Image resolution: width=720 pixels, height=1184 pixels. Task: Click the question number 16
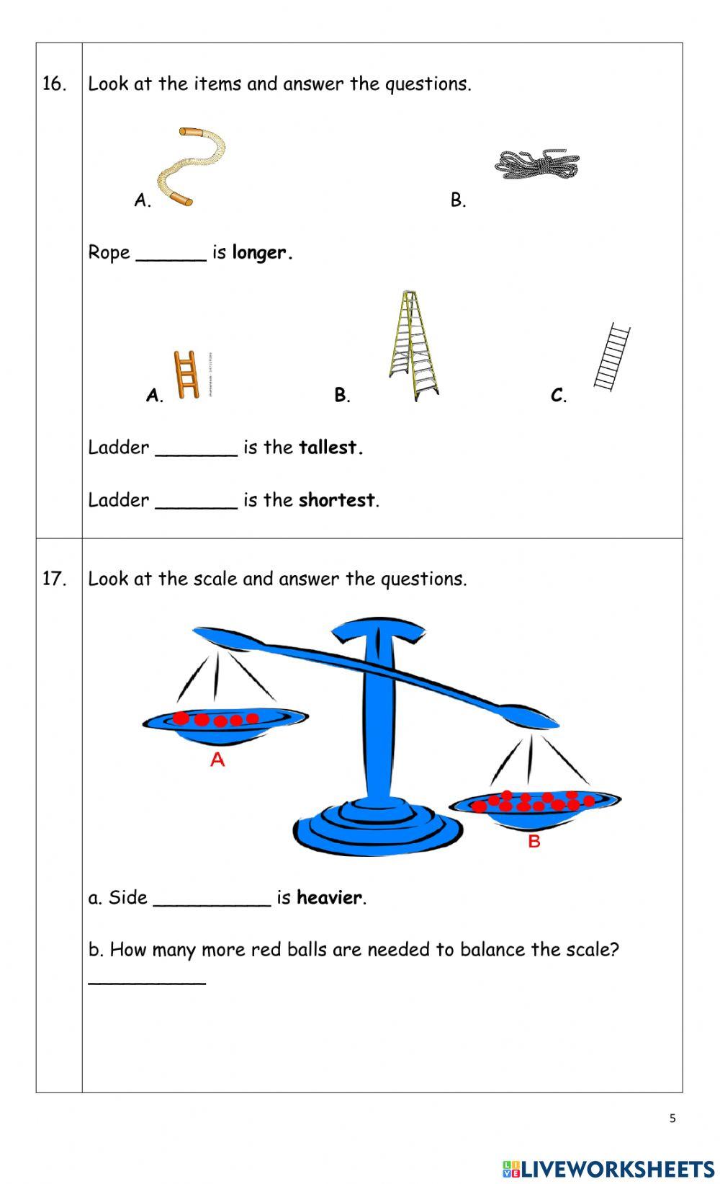click(x=54, y=84)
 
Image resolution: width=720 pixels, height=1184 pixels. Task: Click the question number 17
click(x=54, y=579)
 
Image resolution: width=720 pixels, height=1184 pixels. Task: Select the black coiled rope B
click(x=537, y=165)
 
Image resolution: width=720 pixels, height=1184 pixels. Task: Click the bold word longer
click(x=261, y=253)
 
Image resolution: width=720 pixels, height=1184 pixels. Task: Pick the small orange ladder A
click(x=186, y=375)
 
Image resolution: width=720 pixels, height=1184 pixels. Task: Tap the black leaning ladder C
click(x=612, y=357)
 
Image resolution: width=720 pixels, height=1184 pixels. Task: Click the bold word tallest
click(x=330, y=448)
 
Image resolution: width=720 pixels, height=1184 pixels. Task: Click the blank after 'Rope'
click(x=171, y=255)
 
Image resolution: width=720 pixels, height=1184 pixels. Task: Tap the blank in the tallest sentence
click(x=196, y=450)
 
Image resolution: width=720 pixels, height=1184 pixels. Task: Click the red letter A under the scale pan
click(x=217, y=760)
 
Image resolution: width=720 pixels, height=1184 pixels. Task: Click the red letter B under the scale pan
click(x=534, y=841)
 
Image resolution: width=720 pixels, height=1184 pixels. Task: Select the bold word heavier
click(x=329, y=898)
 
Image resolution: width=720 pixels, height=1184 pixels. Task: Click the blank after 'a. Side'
click(x=212, y=901)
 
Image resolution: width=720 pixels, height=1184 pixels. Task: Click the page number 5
click(x=672, y=1118)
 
